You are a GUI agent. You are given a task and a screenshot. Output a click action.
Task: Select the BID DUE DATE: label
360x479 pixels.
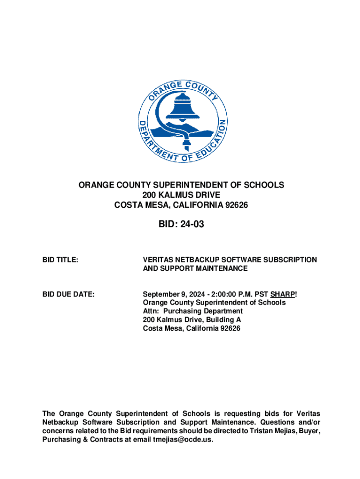point(68,294)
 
